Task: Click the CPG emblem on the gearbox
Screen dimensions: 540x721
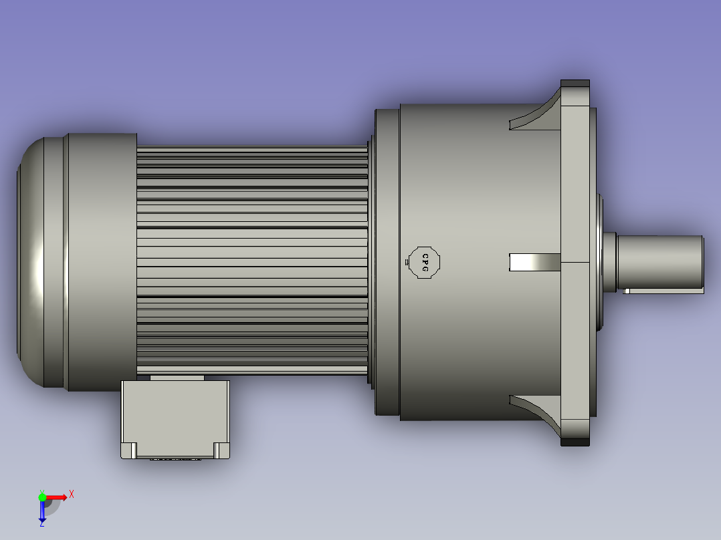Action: pyautogui.click(x=424, y=262)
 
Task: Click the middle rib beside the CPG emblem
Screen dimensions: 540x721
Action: pyautogui.click(x=534, y=263)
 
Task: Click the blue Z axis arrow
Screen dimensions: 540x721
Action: pyautogui.click(x=42, y=512)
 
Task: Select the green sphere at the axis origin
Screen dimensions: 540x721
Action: pyautogui.click(x=42, y=497)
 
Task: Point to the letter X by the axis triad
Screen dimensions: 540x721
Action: pyautogui.click(x=72, y=494)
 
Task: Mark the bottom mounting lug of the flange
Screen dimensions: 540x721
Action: pyautogui.click(x=575, y=442)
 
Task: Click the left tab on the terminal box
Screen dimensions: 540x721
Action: pyautogui.click(x=130, y=450)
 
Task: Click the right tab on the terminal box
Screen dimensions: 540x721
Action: pyautogui.click(x=221, y=450)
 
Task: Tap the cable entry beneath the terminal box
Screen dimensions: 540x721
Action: pyautogui.click(x=175, y=458)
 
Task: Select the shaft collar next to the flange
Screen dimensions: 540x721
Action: pyautogui.click(x=609, y=261)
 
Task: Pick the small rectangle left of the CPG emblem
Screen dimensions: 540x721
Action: pyautogui.click(x=407, y=263)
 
